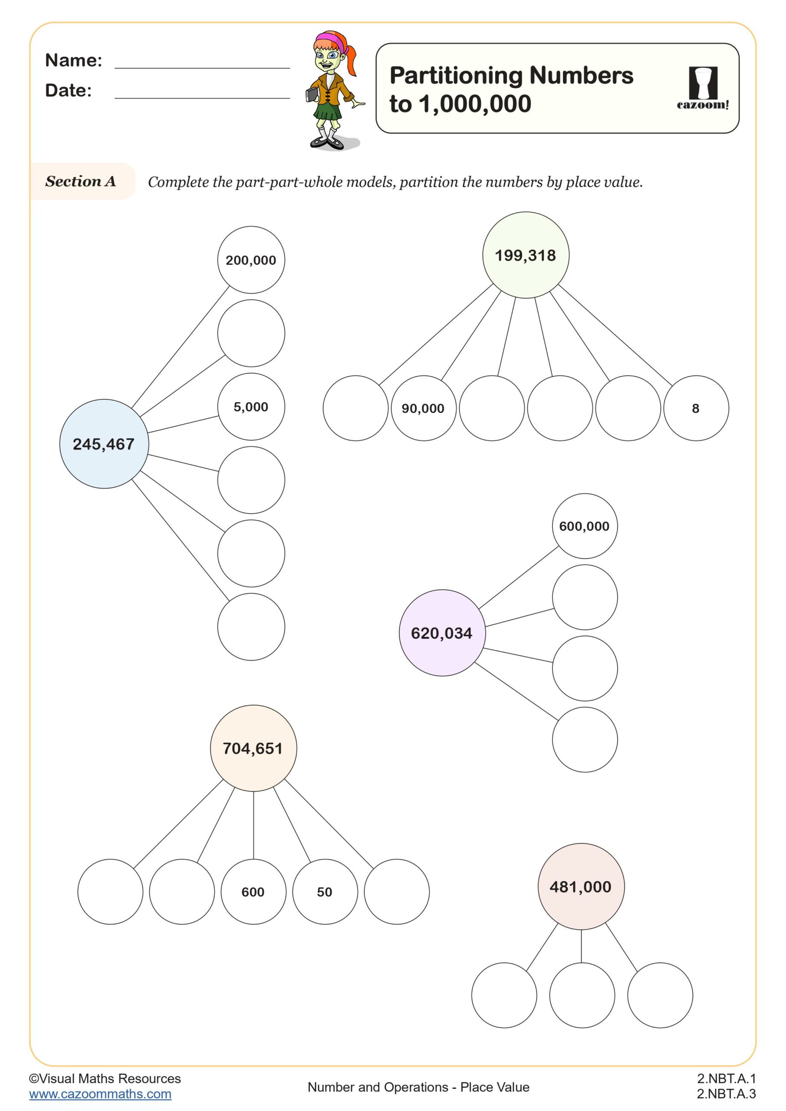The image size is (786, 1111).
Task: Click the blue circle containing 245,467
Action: point(104,444)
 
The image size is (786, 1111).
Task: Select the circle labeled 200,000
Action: point(251,260)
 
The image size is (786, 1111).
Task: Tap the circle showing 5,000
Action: point(251,407)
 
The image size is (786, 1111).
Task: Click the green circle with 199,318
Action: point(526,255)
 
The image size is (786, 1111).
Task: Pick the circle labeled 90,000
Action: point(423,408)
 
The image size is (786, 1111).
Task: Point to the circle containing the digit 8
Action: point(695,408)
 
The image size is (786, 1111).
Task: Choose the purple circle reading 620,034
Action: point(441,633)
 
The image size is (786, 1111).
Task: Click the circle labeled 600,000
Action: point(584,526)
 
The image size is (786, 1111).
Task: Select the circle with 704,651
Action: point(253,748)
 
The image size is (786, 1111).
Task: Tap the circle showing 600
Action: point(253,892)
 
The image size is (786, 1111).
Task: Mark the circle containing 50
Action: point(324,892)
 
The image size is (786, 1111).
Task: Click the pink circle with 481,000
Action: point(581,887)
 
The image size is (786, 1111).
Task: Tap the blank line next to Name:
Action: point(202,66)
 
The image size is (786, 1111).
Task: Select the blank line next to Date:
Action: point(202,96)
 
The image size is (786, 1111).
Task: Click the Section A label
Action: point(81,181)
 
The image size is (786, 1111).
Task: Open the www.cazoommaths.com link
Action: point(100,1094)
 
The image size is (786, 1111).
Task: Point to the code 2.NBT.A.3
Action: point(726,1094)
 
